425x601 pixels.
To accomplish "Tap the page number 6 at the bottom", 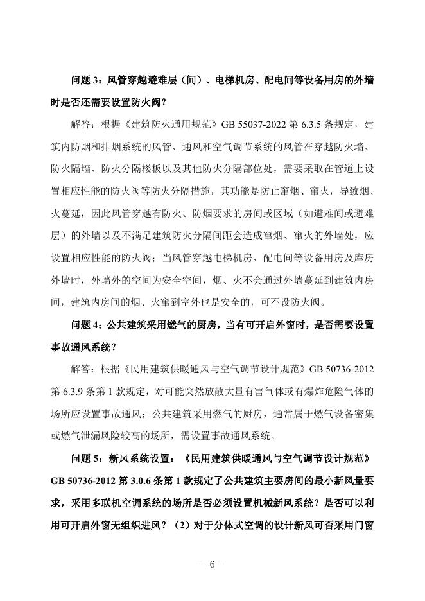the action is point(212,564).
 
